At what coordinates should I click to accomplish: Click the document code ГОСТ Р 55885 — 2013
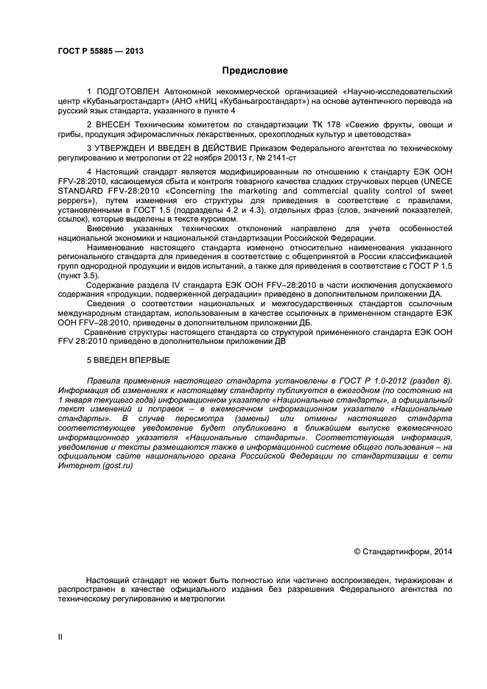[100, 51]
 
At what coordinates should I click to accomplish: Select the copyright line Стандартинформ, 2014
[407, 552]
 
